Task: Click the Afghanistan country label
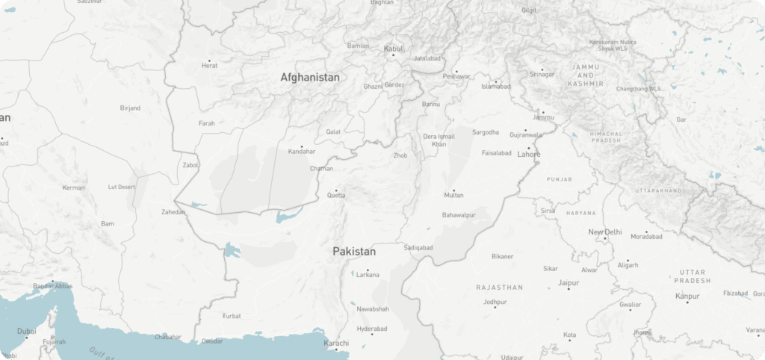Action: (310, 77)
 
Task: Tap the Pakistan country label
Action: (354, 252)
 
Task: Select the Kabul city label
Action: (394, 49)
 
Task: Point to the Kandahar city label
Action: (301, 152)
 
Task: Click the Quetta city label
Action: (336, 196)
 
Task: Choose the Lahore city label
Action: (528, 155)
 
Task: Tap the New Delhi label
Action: (604, 232)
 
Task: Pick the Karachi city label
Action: (336, 342)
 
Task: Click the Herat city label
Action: (209, 66)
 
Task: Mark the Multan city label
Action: (453, 195)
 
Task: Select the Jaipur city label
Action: (569, 283)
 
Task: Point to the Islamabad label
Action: (496, 86)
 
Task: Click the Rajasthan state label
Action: (500, 287)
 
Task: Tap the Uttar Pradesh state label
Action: (691, 276)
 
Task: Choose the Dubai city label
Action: (27, 331)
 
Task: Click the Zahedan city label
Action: (173, 212)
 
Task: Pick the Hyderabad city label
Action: (371, 329)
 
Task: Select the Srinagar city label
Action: (542, 74)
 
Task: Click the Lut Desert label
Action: (122, 187)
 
